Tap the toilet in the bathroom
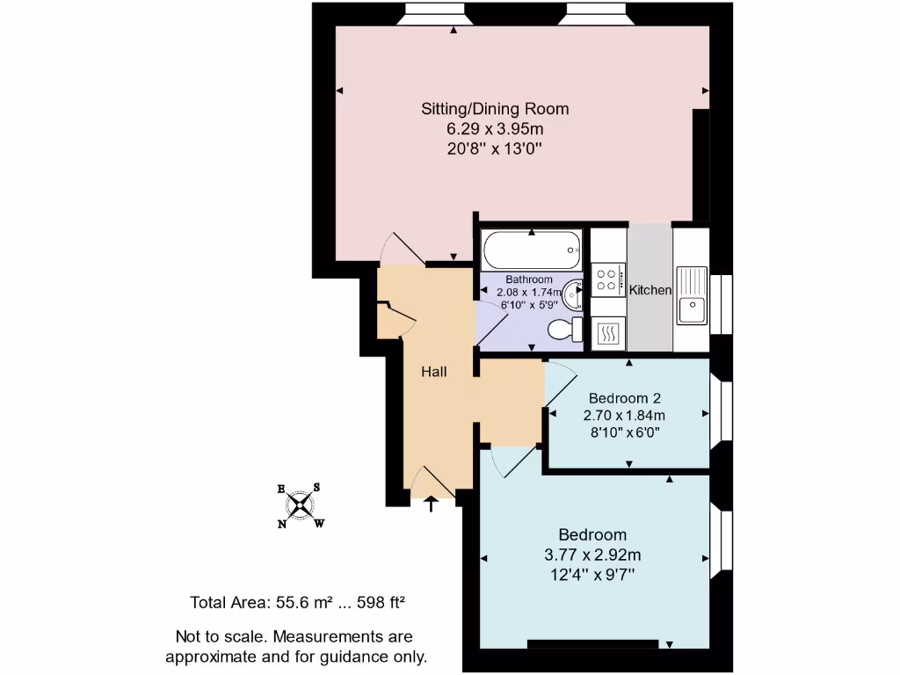click(x=563, y=330)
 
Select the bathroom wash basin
click(x=572, y=293)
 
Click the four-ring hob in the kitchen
click(x=607, y=279)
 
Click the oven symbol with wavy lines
click(x=607, y=333)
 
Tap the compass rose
click(x=301, y=505)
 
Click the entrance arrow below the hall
click(x=432, y=503)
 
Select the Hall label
click(x=433, y=372)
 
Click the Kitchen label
click(x=650, y=290)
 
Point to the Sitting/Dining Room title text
click(x=495, y=109)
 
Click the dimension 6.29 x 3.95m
click(x=495, y=129)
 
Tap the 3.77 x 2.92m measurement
click(x=592, y=555)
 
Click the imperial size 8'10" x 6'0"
click(x=623, y=432)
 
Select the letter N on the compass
click(x=282, y=525)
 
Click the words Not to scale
click(x=219, y=636)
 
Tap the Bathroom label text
click(x=529, y=279)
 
